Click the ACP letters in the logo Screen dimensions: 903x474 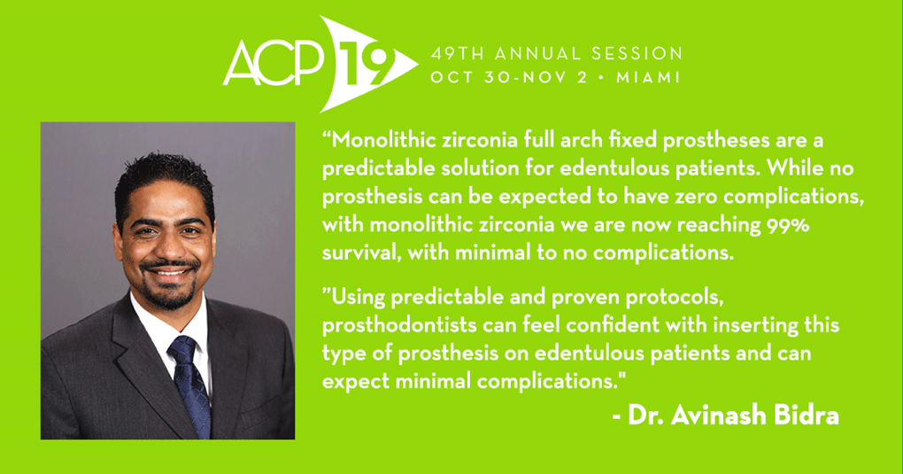(274, 64)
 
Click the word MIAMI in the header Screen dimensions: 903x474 (648, 77)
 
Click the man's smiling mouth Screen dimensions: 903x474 (170, 271)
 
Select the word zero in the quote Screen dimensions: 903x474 (697, 197)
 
